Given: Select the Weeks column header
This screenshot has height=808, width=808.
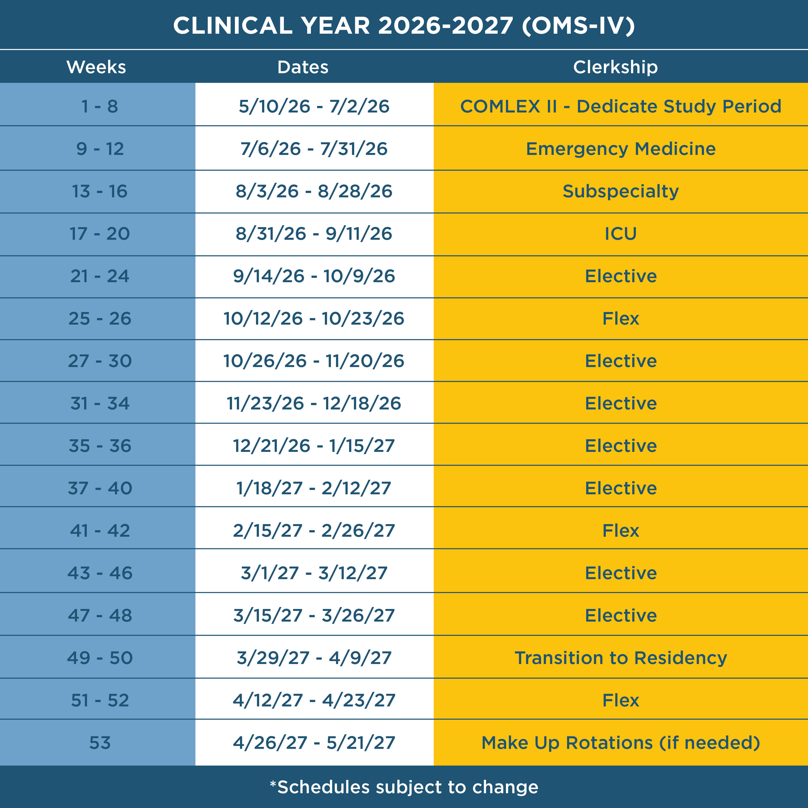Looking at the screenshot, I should [x=96, y=67].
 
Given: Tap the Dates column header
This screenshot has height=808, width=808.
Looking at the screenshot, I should [x=303, y=67].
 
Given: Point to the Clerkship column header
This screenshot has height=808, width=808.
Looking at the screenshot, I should [x=615, y=67].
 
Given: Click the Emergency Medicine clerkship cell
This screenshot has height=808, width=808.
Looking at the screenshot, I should [x=621, y=149].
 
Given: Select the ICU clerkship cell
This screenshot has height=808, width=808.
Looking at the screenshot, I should [x=621, y=234].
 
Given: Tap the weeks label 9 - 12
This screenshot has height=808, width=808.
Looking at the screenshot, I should [x=100, y=149].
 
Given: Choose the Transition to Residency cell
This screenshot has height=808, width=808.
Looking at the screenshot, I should [x=621, y=658].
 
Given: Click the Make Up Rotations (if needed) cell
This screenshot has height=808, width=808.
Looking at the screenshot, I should [x=621, y=743].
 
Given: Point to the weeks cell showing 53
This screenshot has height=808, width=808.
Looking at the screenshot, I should [x=100, y=743].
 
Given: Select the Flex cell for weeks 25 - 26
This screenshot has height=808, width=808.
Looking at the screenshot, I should [x=621, y=319].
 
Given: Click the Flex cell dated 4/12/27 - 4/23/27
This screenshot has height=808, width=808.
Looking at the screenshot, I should [x=621, y=700].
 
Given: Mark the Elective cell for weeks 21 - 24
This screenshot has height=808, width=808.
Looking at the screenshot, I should [x=621, y=276].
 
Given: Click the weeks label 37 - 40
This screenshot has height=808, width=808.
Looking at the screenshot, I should [x=100, y=488].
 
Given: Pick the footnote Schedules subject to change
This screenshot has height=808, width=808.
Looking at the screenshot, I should [x=404, y=787].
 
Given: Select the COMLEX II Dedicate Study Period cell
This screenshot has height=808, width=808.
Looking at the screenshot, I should [x=621, y=106].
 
